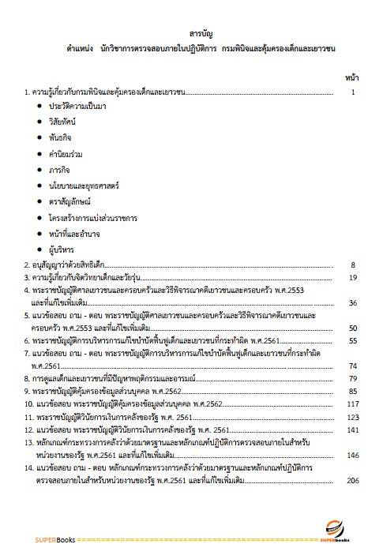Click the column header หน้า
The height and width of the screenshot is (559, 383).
353,77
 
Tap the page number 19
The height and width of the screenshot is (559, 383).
353,278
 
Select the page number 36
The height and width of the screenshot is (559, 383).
353,302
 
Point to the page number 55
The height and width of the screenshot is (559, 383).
353,340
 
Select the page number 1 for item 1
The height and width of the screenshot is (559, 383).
355,92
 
